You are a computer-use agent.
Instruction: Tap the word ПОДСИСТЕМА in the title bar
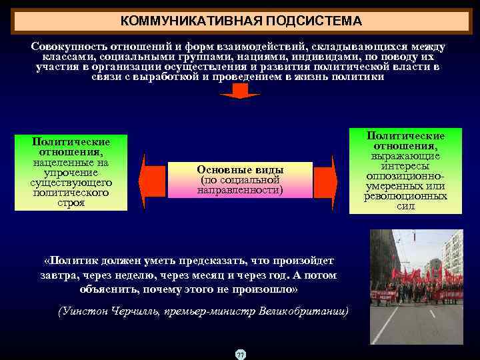(314, 21)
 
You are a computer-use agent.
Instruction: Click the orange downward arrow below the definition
(239, 91)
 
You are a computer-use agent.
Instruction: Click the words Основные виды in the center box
(240, 169)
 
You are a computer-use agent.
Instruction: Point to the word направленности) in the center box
(240, 191)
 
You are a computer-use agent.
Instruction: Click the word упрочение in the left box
(71, 173)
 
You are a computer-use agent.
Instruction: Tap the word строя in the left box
(71, 203)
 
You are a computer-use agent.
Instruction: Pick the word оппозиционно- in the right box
(405, 176)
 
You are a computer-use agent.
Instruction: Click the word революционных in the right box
(405, 196)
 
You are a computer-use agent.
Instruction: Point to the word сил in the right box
(405, 206)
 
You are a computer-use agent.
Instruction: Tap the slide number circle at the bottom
(240, 354)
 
